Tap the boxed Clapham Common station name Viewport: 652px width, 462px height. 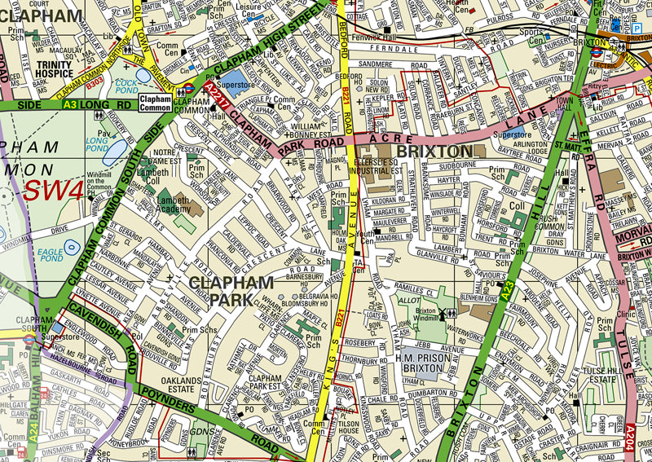pos(155,102)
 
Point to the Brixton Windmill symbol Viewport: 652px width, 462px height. pos(447,315)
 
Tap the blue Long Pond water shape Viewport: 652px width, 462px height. pos(115,152)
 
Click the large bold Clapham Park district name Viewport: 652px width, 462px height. pos(231,291)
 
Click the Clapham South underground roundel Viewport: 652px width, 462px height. pos(28,334)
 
